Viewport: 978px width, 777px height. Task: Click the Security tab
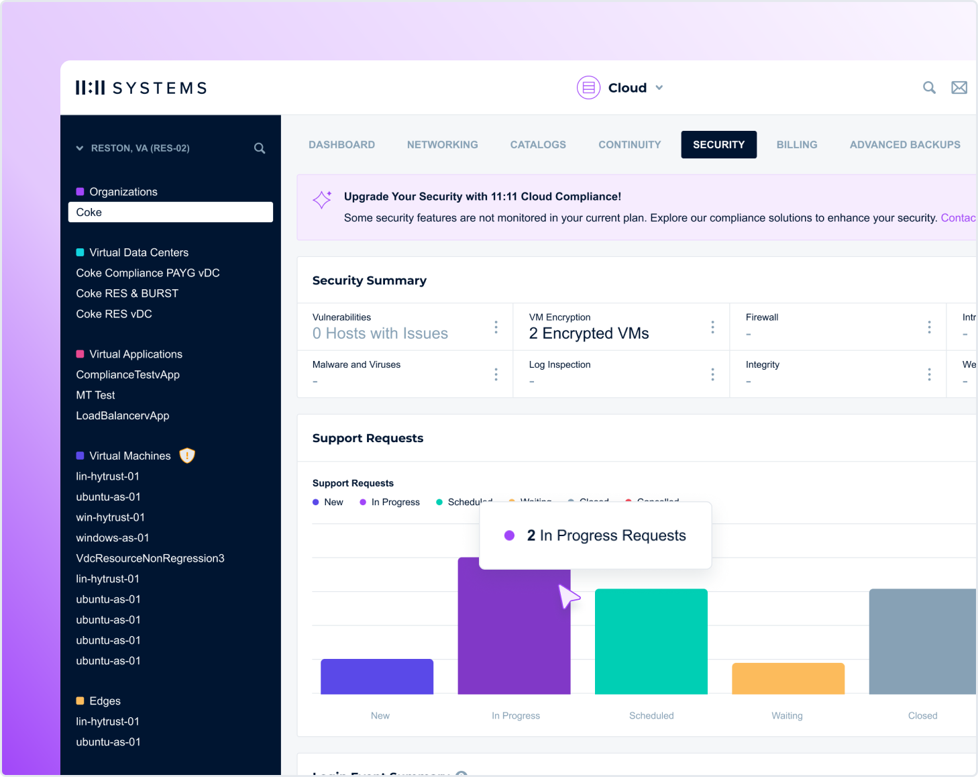click(x=718, y=144)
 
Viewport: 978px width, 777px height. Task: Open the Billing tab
click(x=796, y=144)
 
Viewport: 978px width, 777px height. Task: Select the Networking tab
click(x=442, y=144)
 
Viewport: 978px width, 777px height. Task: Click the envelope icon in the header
click(x=959, y=87)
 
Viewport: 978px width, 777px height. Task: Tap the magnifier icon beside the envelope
click(x=929, y=87)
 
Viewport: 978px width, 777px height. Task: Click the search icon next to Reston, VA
click(x=260, y=148)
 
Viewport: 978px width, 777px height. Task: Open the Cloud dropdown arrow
click(x=659, y=88)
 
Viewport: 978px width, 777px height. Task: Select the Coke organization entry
click(x=170, y=212)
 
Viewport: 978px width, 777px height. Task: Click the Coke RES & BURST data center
click(x=127, y=293)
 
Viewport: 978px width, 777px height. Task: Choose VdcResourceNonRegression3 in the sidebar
click(x=150, y=558)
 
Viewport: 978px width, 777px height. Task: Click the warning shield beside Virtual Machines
click(x=187, y=456)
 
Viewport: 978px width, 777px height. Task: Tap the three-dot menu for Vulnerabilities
click(x=496, y=327)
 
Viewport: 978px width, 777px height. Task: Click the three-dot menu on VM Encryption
click(x=712, y=327)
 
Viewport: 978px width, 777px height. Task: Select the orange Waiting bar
click(x=788, y=678)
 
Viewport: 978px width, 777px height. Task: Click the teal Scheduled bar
click(x=651, y=641)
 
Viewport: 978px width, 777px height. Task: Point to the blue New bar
click(x=377, y=676)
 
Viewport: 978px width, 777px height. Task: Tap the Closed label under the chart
click(x=922, y=716)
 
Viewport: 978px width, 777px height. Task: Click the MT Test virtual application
click(x=95, y=395)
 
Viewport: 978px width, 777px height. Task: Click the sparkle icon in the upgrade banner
click(x=322, y=199)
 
